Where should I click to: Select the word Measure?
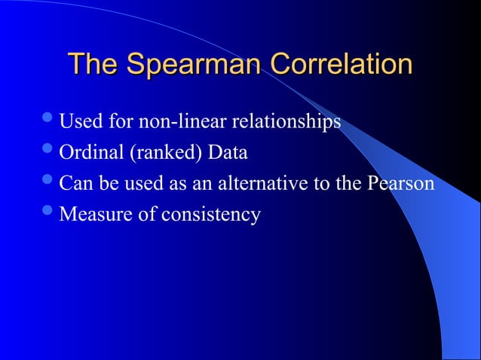(90, 215)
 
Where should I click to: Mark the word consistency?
(209, 215)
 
